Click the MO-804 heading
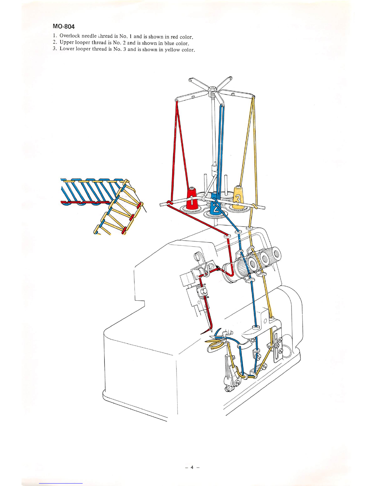(64, 26)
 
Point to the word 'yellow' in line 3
(172, 50)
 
